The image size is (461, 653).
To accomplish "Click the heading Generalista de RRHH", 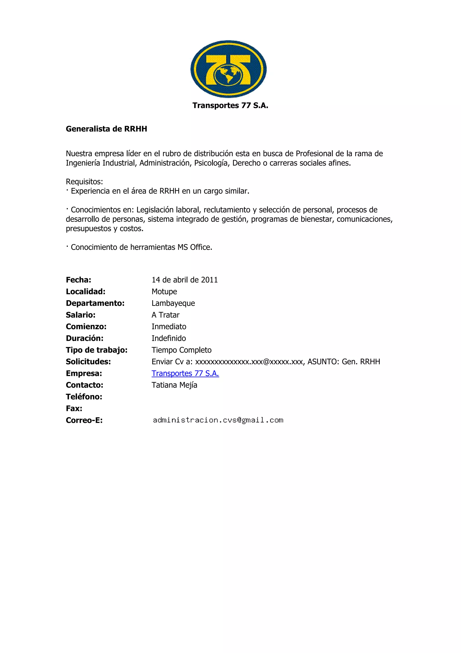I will (x=106, y=129).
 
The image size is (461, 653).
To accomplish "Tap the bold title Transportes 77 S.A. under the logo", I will (x=230, y=105).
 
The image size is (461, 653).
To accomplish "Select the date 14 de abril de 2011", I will (x=185, y=280).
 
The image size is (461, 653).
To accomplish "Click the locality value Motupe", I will (x=164, y=291).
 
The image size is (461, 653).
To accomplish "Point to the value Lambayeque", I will (x=173, y=303).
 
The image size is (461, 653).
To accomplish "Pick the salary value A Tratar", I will (x=166, y=315).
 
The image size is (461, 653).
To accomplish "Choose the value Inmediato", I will (x=169, y=326).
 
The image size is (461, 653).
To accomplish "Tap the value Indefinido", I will (x=169, y=338).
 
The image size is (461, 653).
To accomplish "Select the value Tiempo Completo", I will (x=181, y=350).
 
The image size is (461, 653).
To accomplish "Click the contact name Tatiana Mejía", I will (x=174, y=385).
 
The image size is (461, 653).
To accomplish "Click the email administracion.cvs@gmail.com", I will (x=218, y=420).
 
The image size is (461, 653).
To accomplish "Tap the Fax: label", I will (x=74, y=408).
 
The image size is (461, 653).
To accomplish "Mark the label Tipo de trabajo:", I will (x=97, y=350).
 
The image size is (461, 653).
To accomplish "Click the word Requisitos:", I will (x=84, y=181).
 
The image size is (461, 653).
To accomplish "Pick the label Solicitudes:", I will (x=88, y=362).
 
